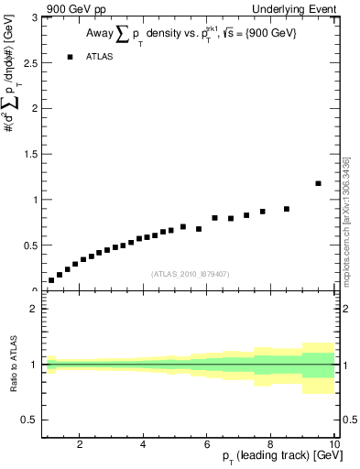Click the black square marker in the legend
coord(71,57)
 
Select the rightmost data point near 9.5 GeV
coord(318,183)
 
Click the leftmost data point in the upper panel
coord(51,280)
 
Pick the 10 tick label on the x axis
coord(333,445)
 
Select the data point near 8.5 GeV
coord(287,209)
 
